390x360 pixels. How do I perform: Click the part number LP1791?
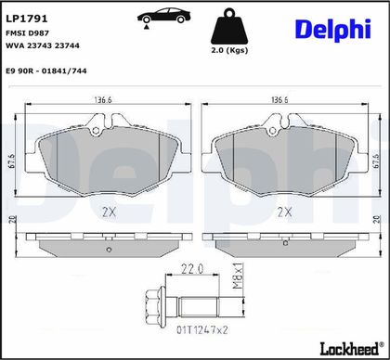click(x=27, y=19)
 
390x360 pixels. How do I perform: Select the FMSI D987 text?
click(x=28, y=32)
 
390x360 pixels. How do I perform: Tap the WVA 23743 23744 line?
click(x=43, y=45)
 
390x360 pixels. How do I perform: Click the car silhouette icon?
click(x=163, y=17)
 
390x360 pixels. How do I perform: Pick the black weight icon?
click(x=229, y=26)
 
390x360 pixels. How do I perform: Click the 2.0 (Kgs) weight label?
click(x=229, y=50)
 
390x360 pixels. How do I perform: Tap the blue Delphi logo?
click(x=333, y=30)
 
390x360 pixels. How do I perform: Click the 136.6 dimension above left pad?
click(x=103, y=100)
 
